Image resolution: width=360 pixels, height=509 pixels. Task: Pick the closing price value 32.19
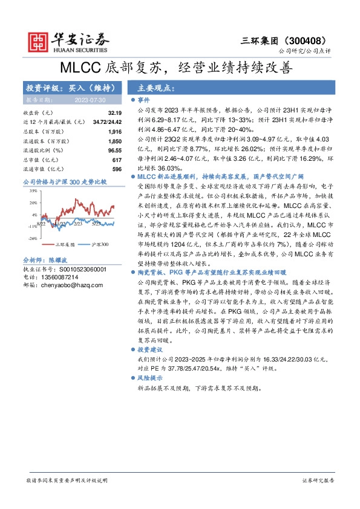pos(115,113)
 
